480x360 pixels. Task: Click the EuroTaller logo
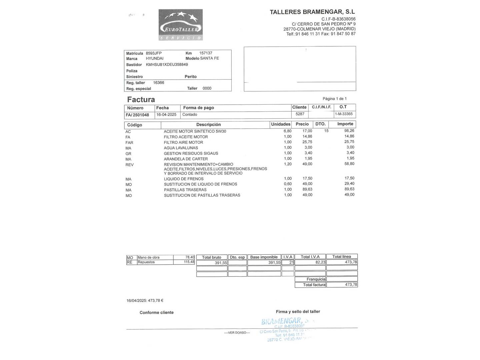180,25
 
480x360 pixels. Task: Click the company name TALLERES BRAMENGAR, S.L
312,12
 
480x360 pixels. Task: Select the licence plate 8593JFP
154,53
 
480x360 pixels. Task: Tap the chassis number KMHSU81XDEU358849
167,65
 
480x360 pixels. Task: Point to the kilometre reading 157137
206,53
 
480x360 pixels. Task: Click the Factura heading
141,99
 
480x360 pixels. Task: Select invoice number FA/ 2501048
137,115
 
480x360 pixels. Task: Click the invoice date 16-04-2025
166,115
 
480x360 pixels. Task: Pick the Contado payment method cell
190,115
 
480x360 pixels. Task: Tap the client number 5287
300,114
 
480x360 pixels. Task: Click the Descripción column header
208,125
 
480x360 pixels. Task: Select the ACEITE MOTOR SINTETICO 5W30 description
195,131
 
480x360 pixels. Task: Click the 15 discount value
326,131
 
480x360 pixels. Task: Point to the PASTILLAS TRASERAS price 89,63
307,189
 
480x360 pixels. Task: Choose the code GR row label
128,154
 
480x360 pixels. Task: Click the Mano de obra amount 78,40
190,257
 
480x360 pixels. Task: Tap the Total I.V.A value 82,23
320,262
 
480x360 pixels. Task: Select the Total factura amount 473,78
351,285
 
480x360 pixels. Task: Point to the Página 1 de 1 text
334,99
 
